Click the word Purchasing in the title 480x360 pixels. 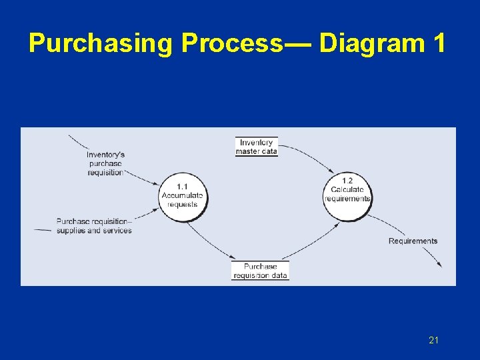pyautogui.click(x=101, y=43)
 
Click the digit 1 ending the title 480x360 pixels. pyautogui.click(x=439, y=43)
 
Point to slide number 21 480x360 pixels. pyautogui.click(x=433, y=341)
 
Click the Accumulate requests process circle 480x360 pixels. pyautogui.click(x=183, y=195)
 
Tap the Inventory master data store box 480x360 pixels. pyautogui.click(x=256, y=147)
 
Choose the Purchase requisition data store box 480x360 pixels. pyautogui.click(x=260, y=271)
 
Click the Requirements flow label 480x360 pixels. pyautogui.click(x=413, y=241)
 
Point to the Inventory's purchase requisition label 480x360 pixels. pyautogui.click(x=105, y=163)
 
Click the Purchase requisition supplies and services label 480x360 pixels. pyautogui.click(x=94, y=226)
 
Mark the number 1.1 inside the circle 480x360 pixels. pyautogui.click(x=183, y=186)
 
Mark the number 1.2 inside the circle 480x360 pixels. pyautogui.click(x=347, y=181)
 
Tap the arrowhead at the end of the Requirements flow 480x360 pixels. pyautogui.click(x=439, y=265)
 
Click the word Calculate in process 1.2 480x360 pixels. pyautogui.click(x=347, y=189)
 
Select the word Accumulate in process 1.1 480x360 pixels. pyautogui.click(x=183, y=195)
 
